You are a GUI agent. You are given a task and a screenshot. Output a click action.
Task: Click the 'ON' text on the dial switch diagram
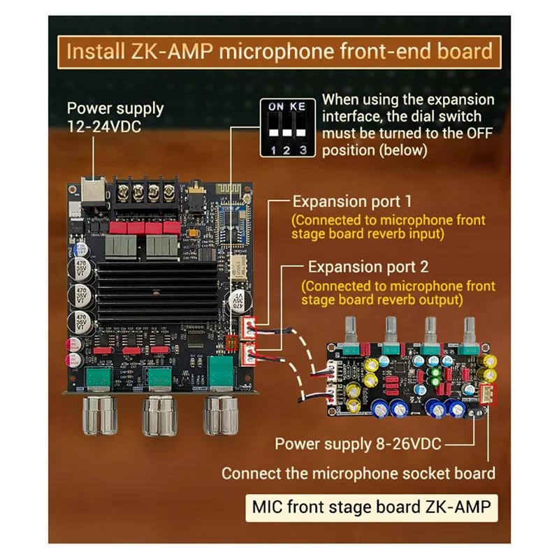(276, 106)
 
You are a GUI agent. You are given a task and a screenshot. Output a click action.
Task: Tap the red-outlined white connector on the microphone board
(487, 395)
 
